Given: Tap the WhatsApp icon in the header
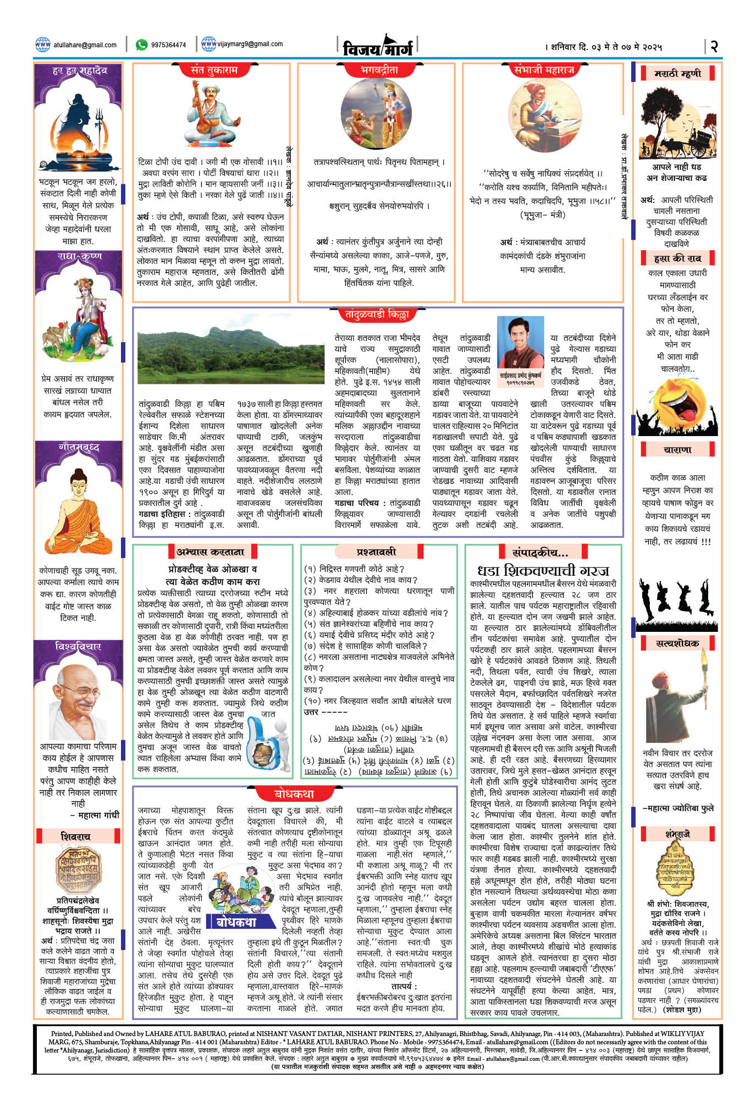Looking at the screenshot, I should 141,45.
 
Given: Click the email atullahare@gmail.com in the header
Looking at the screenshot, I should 85,45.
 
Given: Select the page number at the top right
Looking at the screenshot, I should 714,46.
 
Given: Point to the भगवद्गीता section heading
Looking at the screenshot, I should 379,70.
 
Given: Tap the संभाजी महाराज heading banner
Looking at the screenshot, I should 544,70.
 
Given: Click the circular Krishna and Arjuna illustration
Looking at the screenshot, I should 376,113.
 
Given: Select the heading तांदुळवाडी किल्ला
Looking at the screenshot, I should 377,315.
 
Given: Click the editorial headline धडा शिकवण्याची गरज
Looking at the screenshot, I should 543,570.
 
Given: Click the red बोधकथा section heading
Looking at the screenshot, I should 294,794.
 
